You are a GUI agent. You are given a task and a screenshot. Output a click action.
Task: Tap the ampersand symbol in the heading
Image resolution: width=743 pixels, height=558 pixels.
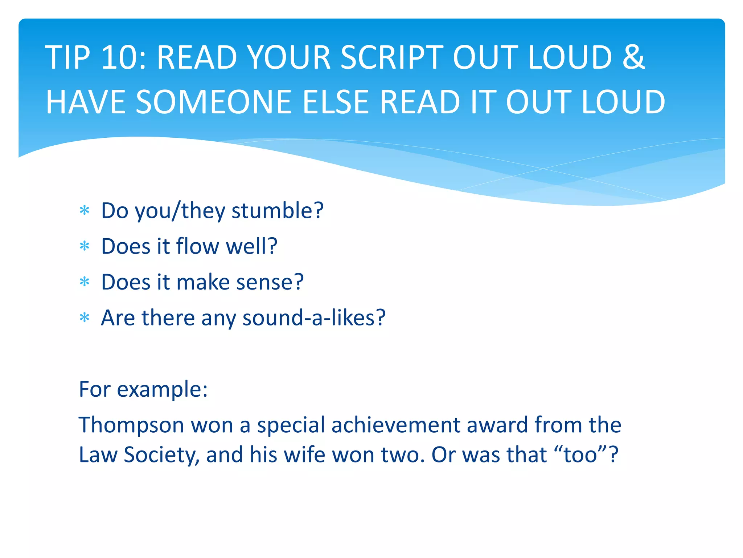633,57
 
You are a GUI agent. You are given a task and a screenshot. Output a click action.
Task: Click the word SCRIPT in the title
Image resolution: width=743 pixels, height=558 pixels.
392,57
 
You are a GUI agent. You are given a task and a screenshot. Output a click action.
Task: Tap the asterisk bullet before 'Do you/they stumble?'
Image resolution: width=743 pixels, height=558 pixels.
85,211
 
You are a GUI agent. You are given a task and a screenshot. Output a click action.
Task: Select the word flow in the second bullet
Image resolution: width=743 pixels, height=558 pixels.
198,246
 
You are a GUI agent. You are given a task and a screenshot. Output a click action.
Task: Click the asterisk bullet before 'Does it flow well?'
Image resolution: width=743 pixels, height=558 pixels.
85,247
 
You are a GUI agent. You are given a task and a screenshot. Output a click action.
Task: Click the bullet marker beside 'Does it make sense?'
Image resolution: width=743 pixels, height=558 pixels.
85,282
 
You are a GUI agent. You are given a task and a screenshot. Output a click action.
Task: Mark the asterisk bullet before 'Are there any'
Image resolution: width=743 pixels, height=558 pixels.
85,318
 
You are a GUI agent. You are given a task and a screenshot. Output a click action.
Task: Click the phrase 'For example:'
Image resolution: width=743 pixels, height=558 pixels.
143,389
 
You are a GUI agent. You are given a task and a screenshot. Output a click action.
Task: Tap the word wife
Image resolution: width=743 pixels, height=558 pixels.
304,455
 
